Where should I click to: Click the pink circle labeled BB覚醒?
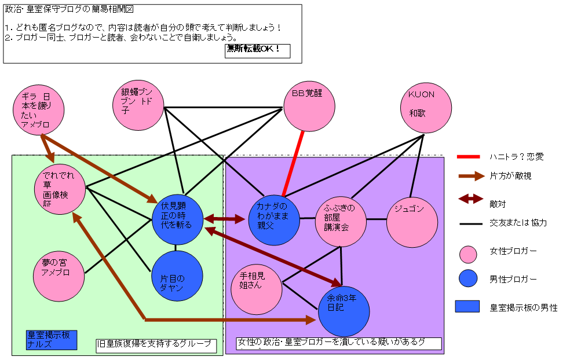309,105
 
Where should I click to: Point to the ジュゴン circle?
412,223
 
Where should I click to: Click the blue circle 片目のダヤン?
177,276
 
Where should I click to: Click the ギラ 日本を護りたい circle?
39,111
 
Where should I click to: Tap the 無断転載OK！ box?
257,50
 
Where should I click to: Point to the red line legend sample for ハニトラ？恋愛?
469,156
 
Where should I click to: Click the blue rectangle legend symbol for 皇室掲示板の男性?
467,307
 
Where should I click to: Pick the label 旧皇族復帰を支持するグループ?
156,346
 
